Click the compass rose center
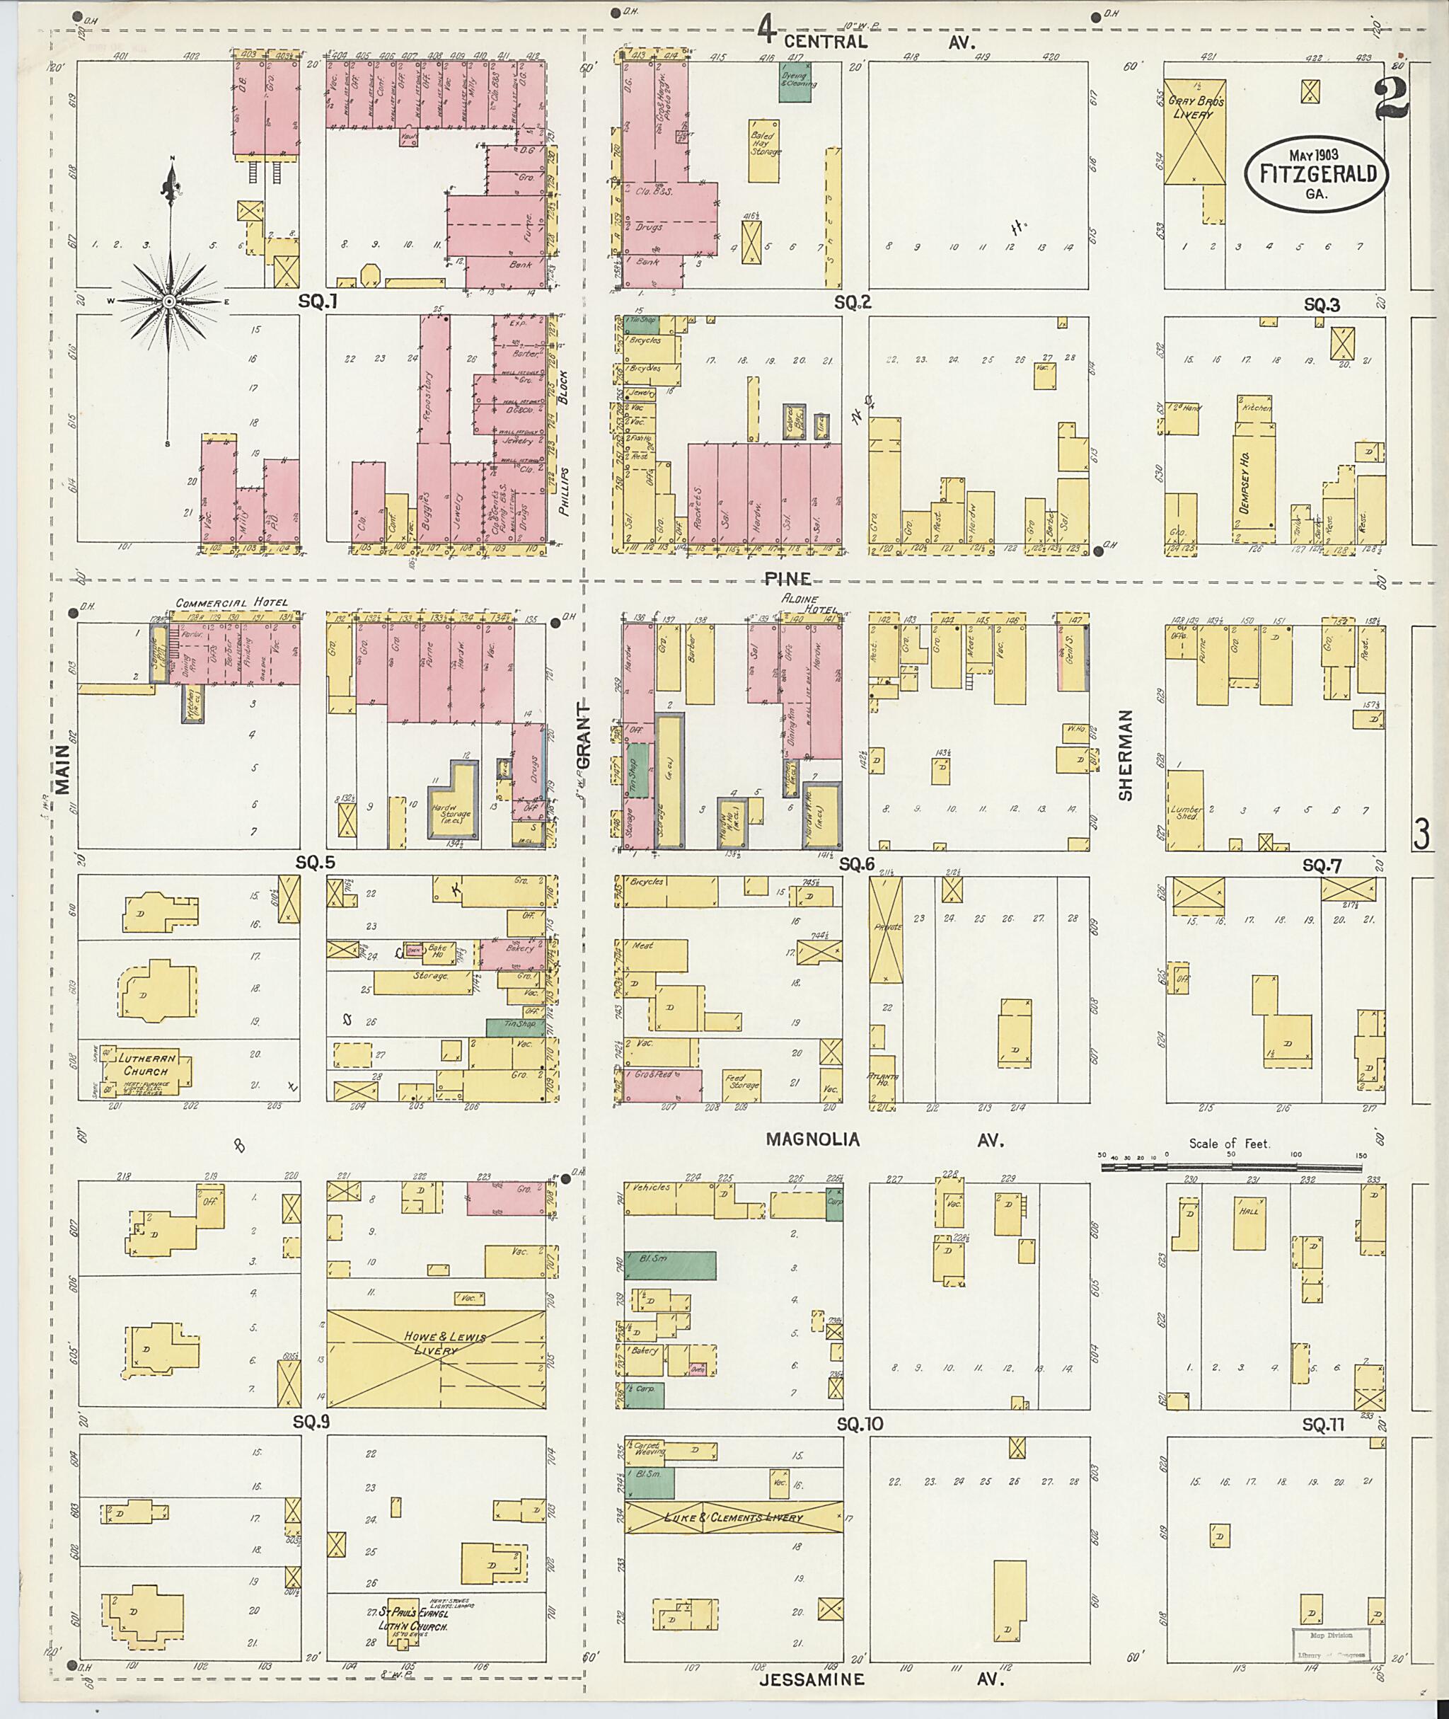[x=168, y=301]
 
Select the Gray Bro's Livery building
[x=1195, y=132]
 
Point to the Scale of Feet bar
[x=1230, y=1164]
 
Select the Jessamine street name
[x=812, y=1679]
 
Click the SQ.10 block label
[x=860, y=1424]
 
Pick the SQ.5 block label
[x=316, y=863]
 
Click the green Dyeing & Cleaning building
[x=795, y=83]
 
